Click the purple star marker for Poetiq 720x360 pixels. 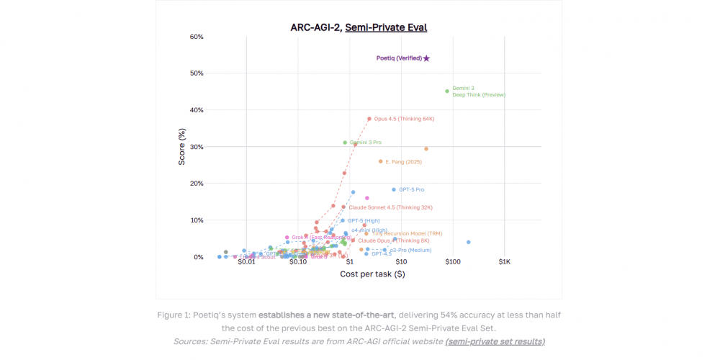pos(426,58)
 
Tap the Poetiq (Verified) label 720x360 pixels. pos(399,58)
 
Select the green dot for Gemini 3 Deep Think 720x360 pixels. pos(447,91)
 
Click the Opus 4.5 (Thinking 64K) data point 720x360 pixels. pos(369,119)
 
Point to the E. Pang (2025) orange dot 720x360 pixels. pos(381,161)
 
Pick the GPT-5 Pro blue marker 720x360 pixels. pos(394,189)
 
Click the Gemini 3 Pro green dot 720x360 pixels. pos(345,143)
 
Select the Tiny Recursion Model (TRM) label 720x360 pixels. pos(408,233)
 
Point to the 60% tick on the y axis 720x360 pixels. pos(197,37)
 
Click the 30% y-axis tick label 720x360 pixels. pos(197,147)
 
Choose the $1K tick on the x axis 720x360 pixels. pos(504,262)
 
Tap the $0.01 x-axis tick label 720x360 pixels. pos(246,262)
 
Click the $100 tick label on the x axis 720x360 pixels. pos(452,262)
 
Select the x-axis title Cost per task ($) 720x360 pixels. pos(372,274)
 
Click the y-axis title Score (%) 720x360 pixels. pos(182,147)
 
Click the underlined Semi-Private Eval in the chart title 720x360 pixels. pos(386,28)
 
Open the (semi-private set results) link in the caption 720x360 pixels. pos(495,341)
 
